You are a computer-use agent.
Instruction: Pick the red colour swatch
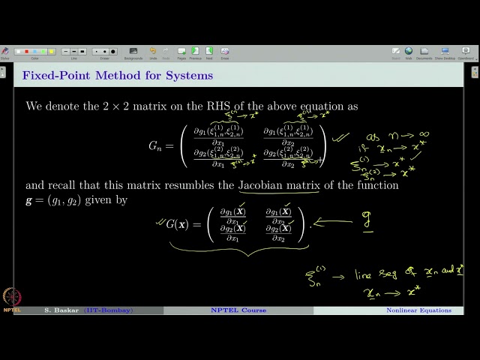(28, 52)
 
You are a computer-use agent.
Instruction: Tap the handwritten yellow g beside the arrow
(367, 222)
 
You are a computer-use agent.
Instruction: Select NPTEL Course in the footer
(238, 310)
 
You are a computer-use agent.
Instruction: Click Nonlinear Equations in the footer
(418, 310)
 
